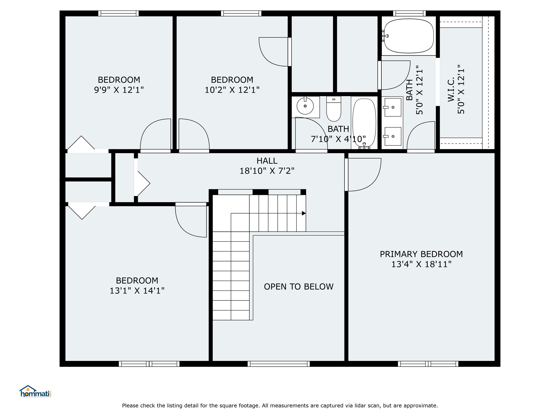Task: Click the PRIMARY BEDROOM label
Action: pyautogui.click(x=421, y=254)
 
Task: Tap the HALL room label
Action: pyautogui.click(x=267, y=161)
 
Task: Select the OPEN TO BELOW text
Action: pyautogui.click(x=299, y=287)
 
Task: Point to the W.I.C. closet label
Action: pyautogui.click(x=451, y=89)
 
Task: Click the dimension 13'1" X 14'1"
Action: pyautogui.click(x=137, y=290)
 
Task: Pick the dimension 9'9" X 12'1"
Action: pyautogui.click(x=119, y=90)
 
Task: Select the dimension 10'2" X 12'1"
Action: pyautogui.click(x=232, y=90)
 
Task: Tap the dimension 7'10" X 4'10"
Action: pyautogui.click(x=338, y=139)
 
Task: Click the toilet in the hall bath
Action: pyautogui.click(x=334, y=109)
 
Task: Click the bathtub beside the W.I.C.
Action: pyautogui.click(x=409, y=36)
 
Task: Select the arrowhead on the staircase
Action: pyautogui.click(x=304, y=213)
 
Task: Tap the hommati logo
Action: pyautogui.click(x=36, y=391)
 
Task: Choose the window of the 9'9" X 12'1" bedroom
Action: pyautogui.click(x=118, y=13)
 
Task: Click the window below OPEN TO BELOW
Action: pyautogui.click(x=279, y=364)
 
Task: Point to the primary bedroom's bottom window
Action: pyautogui.click(x=428, y=364)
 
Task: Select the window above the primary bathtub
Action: pyautogui.click(x=409, y=13)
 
